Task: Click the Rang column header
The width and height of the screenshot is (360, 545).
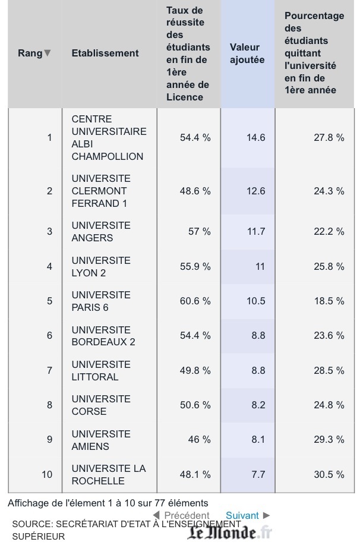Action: tap(30, 53)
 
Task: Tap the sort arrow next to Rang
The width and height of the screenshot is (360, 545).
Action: tap(48, 53)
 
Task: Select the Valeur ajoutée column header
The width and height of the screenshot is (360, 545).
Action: tap(247, 53)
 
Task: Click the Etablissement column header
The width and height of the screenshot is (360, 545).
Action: tap(105, 53)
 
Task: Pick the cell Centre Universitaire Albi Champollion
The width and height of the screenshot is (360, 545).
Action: tap(108, 137)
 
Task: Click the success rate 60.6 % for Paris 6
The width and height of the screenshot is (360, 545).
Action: tap(195, 301)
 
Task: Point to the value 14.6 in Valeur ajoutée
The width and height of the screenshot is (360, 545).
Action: tap(255, 137)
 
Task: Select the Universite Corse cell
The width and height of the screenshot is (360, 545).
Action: tap(100, 405)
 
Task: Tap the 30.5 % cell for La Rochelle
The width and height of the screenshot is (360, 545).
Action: tap(329, 474)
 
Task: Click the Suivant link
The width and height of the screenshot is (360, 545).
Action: tap(242, 515)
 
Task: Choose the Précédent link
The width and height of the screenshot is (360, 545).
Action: tap(186, 515)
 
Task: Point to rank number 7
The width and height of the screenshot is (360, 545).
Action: tap(49, 370)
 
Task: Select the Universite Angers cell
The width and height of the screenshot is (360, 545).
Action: tap(100, 231)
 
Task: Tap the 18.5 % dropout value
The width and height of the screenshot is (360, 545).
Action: tap(329, 301)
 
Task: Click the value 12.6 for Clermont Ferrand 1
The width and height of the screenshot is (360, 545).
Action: tap(255, 191)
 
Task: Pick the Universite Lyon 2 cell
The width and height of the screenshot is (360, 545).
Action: tap(100, 266)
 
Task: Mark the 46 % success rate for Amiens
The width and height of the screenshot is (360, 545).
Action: tap(199, 440)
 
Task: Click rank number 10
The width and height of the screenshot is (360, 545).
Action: tap(47, 474)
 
